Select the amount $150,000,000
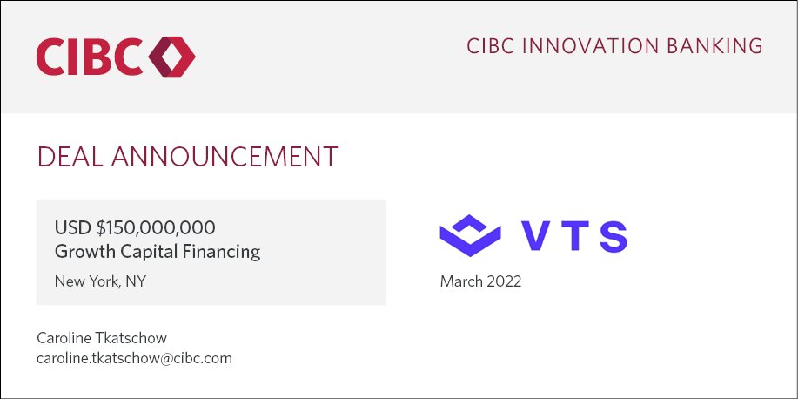(x=157, y=228)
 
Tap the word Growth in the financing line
(x=83, y=253)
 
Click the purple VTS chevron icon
(x=471, y=235)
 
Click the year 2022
(x=505, y=281)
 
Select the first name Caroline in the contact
(x=64, y=337)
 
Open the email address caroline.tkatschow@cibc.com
(x=134, y=358)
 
